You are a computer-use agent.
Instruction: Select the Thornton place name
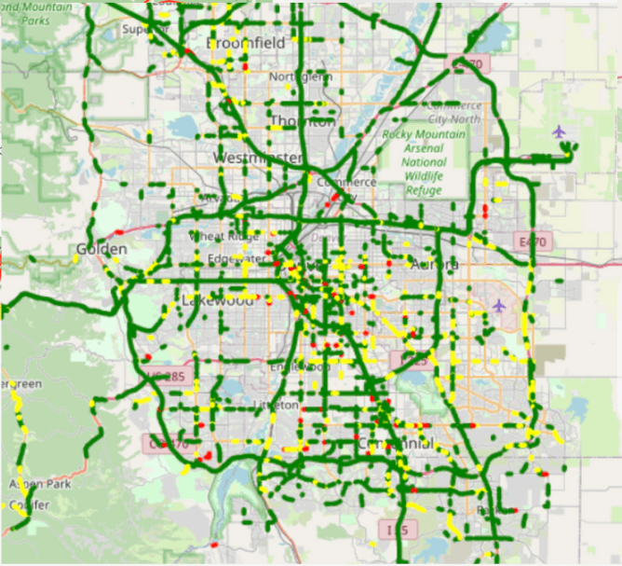pyautogui.click(x=302, y=121)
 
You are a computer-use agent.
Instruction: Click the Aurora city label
pyautogui.click(x=434, y=264)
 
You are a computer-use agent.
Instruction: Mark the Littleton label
pyautogui.click(x=276, y=405)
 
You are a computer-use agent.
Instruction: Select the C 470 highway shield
pyautogui.click(x=164, y=445)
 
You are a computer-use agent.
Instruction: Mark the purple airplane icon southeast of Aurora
pyautogui.click(x=499, y=305)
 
